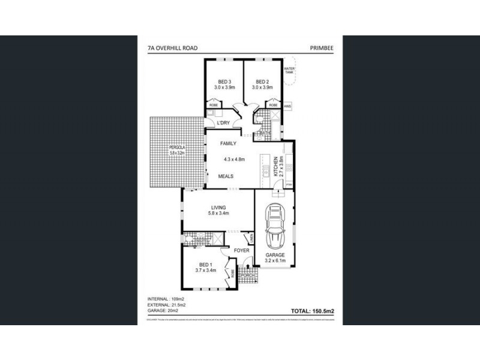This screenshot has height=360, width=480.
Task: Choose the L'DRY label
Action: [x=224, y=124]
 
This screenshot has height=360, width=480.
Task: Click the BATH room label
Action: [x=263, y=133]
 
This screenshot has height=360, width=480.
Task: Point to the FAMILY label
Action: [x=228, y=144]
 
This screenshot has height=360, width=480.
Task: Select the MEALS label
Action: [x=226, y=176]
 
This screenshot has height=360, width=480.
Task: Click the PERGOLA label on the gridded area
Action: [x=160, y=148]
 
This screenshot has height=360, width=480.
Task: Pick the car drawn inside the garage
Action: [x=275, y=227]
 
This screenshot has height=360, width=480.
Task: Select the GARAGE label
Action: [x=275, y=255]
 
